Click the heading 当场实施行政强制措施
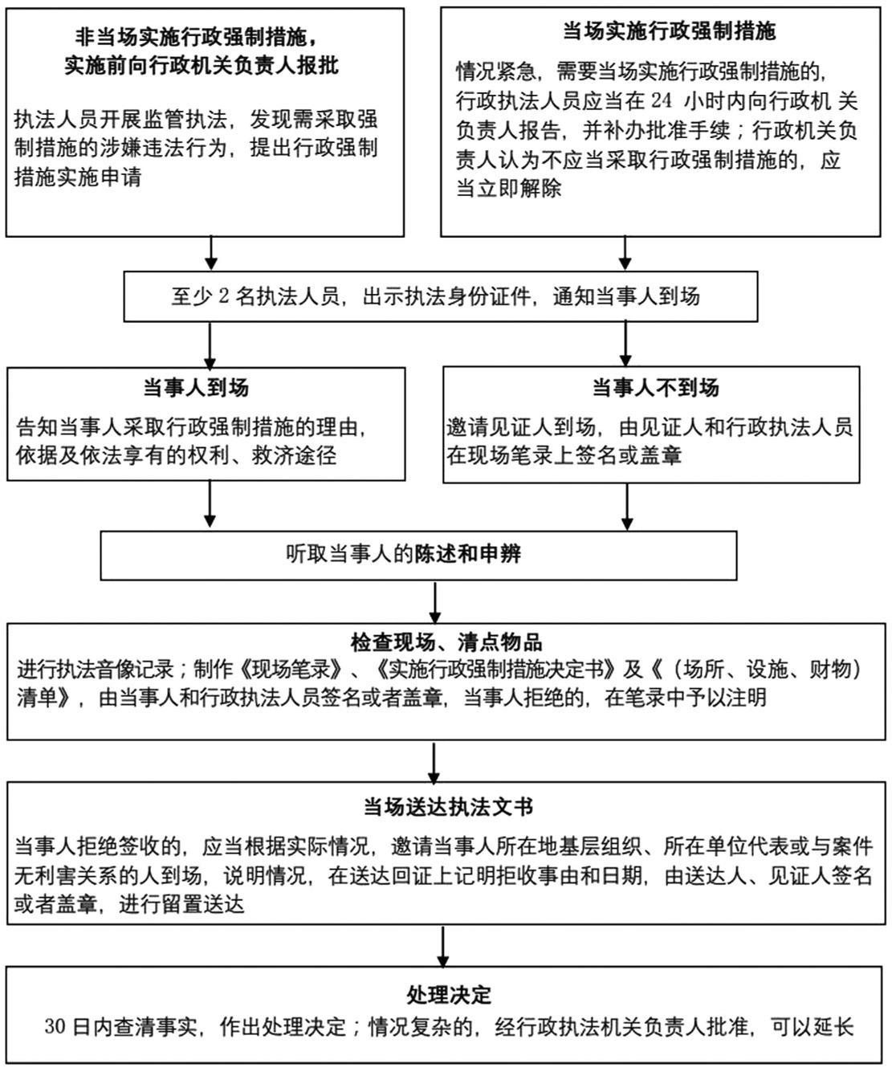pos(669,31)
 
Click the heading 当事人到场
pos(196,388)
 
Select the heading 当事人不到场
pos(656,388)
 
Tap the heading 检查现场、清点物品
pos(446,642)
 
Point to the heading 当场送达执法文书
pos(448,807)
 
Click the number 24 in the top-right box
pos(662,100)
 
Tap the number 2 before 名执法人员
pos(223,296)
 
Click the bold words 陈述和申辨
pos(467,553)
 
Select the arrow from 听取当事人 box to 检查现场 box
pos(434,602)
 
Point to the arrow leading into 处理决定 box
pos(443,948)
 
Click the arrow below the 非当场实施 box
pos(210,253)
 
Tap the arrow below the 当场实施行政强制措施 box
pos(625,253)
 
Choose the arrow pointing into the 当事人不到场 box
pos(625,344)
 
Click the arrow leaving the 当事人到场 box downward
pos(210,503)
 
